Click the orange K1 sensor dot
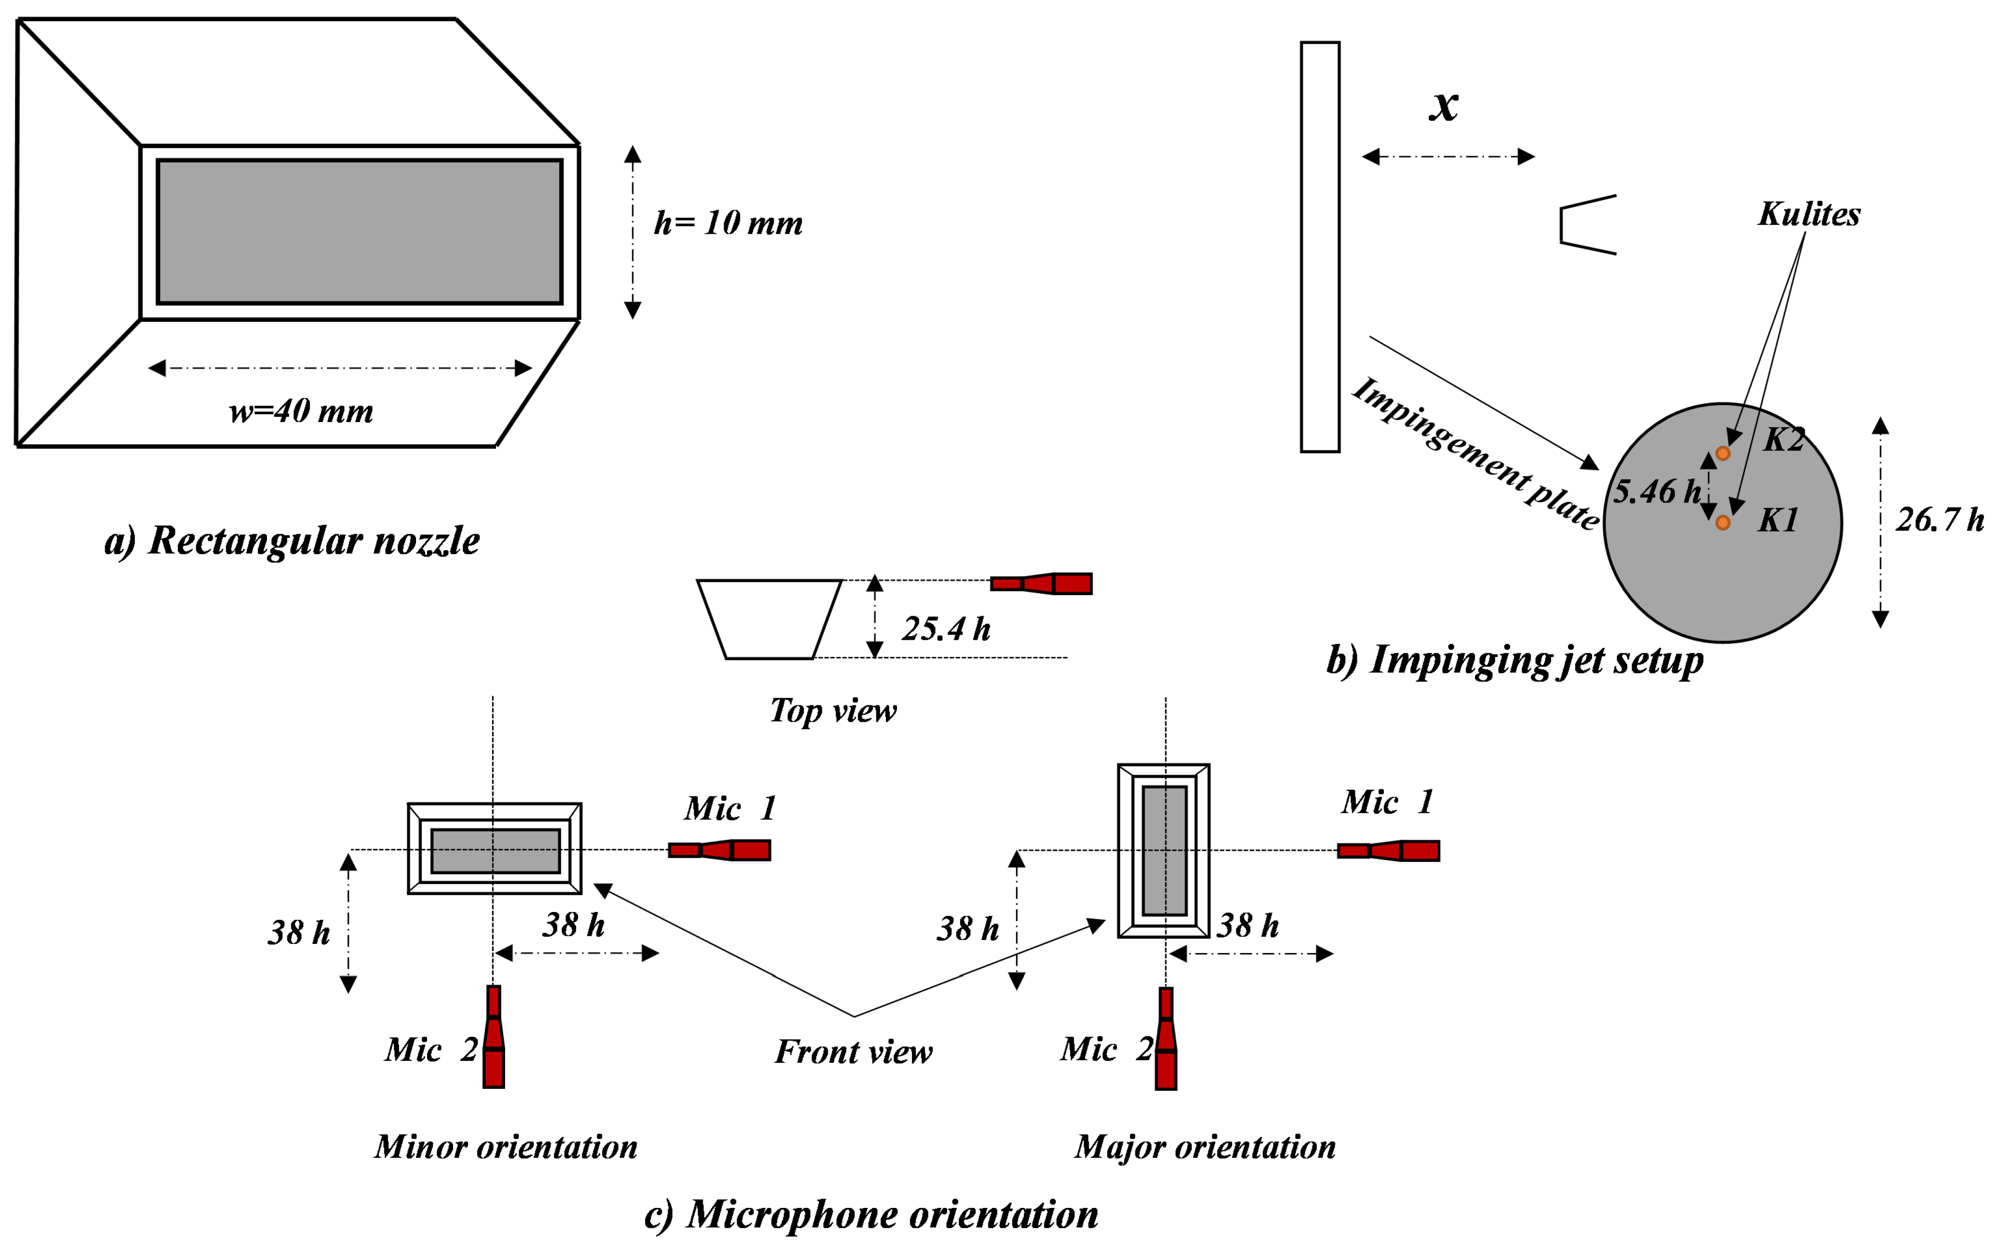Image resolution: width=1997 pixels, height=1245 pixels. pos(1722,523)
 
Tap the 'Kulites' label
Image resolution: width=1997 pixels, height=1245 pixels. pos(1809,214)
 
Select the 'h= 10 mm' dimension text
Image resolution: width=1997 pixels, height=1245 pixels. pos(728,223)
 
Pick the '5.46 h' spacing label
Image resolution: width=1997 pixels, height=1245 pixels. pos(1655,491)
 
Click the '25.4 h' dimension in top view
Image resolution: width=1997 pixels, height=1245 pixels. pos(945,629)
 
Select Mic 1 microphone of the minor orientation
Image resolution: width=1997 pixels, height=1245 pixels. pos(719,850)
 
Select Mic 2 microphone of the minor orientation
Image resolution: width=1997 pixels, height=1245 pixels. pos(493,1037)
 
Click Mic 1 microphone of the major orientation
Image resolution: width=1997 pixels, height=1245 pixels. pos(1388,850)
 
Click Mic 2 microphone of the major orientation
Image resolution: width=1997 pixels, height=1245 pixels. pos(1165,1038)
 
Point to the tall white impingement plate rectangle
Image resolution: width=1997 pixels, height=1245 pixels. pos(1319,247)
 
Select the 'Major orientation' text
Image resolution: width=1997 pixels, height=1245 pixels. pos(1204,1147)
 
